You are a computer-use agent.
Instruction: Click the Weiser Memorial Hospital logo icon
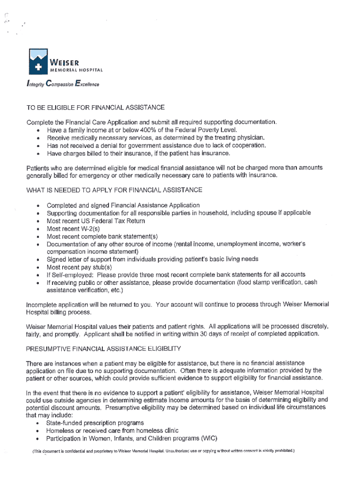[x=38, y=62]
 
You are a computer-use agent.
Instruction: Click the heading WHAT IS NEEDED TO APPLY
[x=115, y=190]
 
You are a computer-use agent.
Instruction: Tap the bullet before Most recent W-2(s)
[x=38, y=229]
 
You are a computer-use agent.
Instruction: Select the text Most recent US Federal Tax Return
[x=96, y=221]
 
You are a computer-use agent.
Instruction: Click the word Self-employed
[x=69, y=275]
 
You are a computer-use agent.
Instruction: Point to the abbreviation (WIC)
[x=208, y=439]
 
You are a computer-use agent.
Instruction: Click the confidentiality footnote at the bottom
[x=163, y=451]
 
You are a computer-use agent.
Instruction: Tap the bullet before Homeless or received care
[x=38, y=431]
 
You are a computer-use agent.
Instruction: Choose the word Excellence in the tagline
[x=86, y=85]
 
